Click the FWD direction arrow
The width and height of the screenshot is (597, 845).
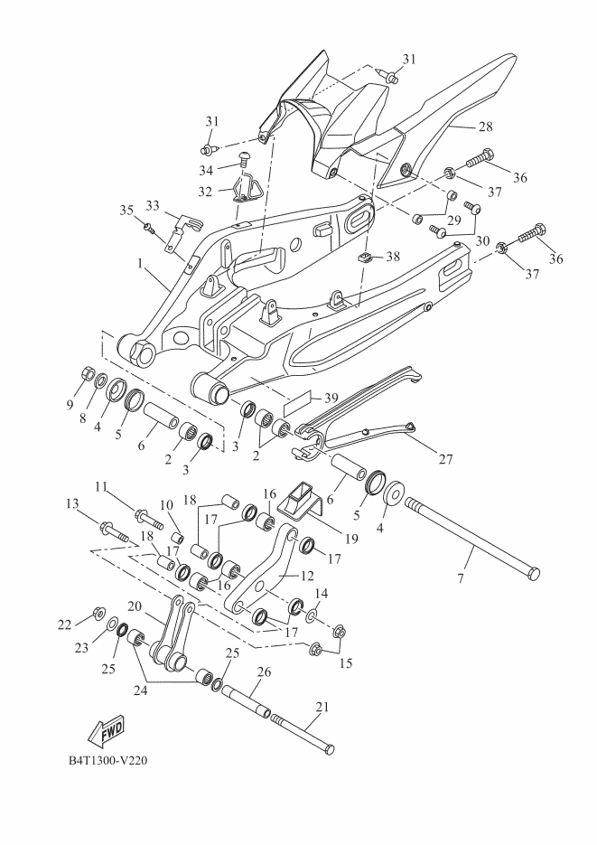(107, 728)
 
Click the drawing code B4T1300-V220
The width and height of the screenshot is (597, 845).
(107, 760)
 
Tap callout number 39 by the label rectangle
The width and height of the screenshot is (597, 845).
(331, 399)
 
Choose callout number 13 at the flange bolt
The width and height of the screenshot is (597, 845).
(72, 502)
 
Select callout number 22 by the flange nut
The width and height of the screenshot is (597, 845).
(64, 624)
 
